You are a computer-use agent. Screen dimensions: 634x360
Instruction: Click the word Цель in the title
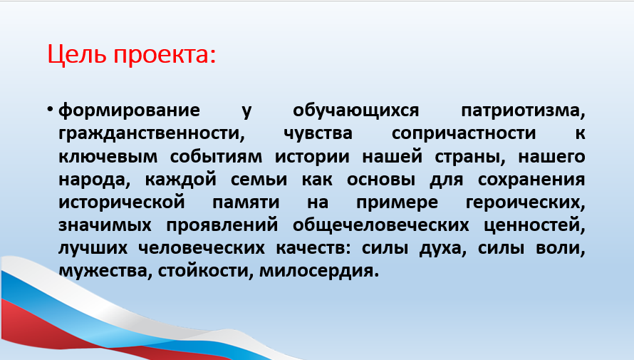coord(77,55)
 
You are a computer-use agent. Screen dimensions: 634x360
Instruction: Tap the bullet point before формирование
coord(50,110)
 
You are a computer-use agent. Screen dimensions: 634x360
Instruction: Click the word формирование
coord(129,110)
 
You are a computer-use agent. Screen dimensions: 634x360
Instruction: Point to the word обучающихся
coord(355,110)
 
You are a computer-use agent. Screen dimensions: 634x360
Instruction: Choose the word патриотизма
coord(523,110)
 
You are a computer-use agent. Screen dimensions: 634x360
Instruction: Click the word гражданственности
coord(152,134)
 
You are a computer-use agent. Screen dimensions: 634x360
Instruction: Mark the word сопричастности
coord(463,134)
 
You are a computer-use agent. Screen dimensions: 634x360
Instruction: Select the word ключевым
coord(108,157)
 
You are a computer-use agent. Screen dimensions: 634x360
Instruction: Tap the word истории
coord(312,157)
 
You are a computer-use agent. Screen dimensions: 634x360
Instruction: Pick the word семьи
coord(259,179)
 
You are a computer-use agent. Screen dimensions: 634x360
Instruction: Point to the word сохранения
coord(531,180)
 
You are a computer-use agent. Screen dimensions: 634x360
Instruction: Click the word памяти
coord(246,202)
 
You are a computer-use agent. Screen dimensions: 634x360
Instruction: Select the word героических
coord(525,203)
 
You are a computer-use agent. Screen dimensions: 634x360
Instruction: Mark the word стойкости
coord(205,271)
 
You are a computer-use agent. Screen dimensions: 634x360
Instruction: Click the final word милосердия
coord(319,271)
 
